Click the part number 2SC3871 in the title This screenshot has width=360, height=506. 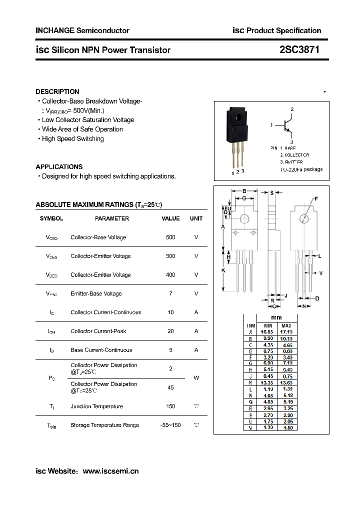coord(299,50)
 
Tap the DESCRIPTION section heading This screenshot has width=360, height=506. coord(57,91)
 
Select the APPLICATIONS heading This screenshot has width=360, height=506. coord(59,166)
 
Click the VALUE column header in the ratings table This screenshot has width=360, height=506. coord(170,218)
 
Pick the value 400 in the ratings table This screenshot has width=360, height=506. coord(170,275)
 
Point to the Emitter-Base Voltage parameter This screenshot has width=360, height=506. coord(96,293)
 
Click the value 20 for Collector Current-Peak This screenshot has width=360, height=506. coord(170,331)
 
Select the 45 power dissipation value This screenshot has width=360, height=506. coord(170,387)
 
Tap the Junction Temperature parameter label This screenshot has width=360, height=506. coord(96,406)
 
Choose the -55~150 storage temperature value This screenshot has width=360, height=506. coord(170,425)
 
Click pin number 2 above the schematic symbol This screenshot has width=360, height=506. coord(292,109)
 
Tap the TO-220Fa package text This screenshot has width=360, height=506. coord(301,169)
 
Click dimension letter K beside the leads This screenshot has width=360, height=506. coord(223,270)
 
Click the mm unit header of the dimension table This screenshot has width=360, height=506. coord(276,317)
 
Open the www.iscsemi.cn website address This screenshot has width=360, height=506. coord(110,471)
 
